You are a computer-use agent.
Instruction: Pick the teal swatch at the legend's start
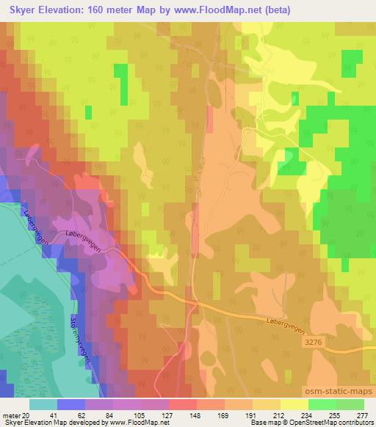tap(43, 404)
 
